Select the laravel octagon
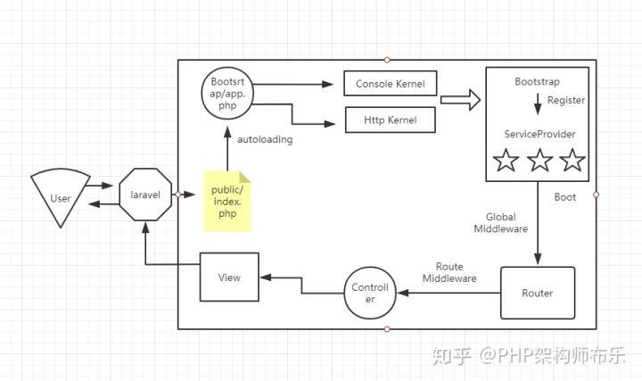[145, 194]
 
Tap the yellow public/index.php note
[226, 201]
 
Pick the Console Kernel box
[391, 85]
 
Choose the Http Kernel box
[391, 119]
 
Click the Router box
[537, 293]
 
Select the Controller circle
[370, 293]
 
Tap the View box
[229, 277]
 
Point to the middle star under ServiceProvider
[539, 162]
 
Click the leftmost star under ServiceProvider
[506, 162]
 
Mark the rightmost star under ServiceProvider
[572, 162]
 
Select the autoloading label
[265, 139]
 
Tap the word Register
[566, 101]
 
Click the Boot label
[565, 197]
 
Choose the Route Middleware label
[449, 272]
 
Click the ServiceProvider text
[539, 134]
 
